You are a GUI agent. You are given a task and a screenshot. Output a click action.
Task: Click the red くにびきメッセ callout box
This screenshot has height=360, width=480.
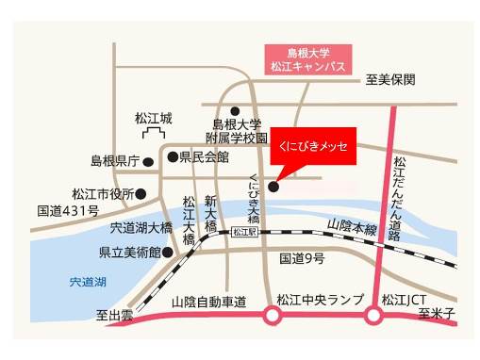point(311,147)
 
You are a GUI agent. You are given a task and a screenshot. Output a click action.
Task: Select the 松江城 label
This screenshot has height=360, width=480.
point(154,119)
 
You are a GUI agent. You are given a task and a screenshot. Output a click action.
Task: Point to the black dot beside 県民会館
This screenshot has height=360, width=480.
point(172,156)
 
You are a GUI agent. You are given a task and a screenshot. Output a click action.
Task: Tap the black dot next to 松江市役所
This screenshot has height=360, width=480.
point(141,194)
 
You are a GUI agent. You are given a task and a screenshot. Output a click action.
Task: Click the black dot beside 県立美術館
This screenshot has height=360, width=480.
point(168,252)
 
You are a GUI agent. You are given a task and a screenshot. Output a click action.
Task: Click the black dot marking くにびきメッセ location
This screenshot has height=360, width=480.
point(273,187)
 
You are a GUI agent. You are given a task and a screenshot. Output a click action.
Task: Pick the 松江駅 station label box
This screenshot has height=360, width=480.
point(243,231)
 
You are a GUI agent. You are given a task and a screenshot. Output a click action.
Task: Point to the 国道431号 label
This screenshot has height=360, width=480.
point(67,210)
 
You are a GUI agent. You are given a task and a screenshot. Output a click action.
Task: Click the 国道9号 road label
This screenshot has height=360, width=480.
point(303,257)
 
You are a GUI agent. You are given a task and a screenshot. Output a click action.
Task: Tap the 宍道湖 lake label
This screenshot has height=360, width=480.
point(88,282)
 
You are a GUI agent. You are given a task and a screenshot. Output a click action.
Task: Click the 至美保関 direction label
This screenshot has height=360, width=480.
point(390,80)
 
